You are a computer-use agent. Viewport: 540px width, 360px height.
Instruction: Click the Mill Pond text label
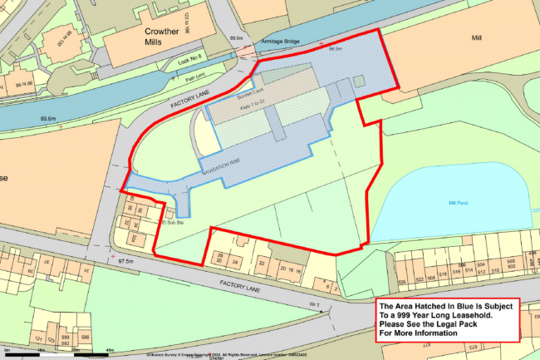(459, 202)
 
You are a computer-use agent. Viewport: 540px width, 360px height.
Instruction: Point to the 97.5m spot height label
(126, 261)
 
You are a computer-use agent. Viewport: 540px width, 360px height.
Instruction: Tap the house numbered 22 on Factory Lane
(262, 264)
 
